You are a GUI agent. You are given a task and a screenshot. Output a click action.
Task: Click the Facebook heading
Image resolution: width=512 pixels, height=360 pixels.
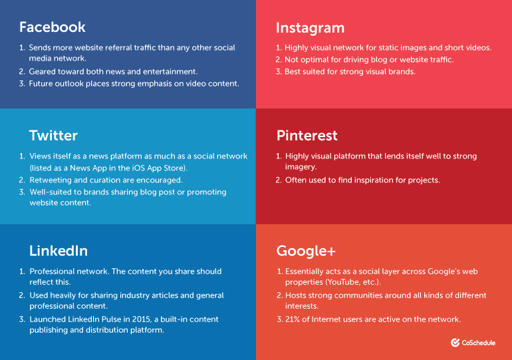(53, 27)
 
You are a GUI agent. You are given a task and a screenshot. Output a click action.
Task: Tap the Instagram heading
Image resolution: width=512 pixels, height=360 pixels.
(311, 29)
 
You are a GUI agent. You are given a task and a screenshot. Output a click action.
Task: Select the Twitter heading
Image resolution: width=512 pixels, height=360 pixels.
(53, 136)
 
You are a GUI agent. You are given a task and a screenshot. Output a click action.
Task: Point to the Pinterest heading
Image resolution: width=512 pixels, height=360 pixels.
(307, 136)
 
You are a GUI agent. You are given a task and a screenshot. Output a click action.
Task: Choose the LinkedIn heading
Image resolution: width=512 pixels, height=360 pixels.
(59, 251)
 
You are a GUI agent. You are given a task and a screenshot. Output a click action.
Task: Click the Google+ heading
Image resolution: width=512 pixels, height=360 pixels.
(306, 252)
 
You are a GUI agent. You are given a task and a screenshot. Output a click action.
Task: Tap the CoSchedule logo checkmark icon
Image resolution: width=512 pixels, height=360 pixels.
(455, 342)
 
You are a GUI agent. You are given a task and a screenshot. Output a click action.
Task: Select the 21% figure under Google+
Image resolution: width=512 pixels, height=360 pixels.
(293, 319)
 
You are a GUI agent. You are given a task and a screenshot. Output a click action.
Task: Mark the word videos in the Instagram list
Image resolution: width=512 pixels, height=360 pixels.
(479, 48)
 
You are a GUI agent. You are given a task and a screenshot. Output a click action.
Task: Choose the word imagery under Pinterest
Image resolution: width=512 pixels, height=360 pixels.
(301, 167)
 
